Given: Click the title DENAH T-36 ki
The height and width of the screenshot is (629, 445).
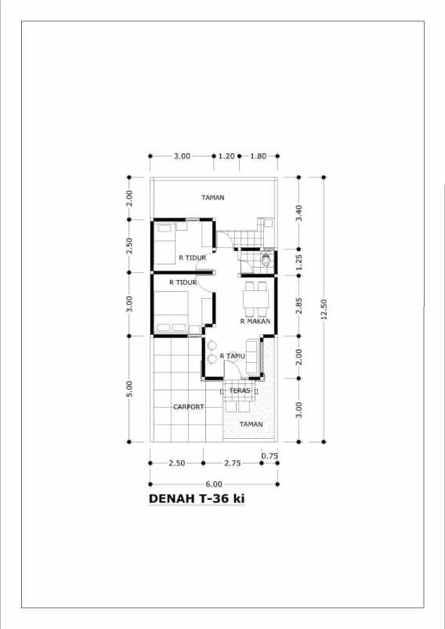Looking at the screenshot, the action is pyautogui.click(x=197, y=498).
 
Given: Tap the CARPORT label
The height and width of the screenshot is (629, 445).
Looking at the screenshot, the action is pyautogui.click(x=188, y=407).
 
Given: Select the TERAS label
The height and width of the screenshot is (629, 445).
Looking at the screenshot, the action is pyautogui.click(x=240, y=390).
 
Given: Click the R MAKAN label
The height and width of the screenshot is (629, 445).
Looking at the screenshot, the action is pyautogui.click(x=255, y=321).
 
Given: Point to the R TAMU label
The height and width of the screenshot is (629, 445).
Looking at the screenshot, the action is pyautogui.click(x=232, y=356).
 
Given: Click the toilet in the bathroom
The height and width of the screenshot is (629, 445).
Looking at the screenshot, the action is pyautogui.click(x=266, y=259).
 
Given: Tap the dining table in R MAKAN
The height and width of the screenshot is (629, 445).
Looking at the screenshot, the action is pyautogui.click(x=256, y=299).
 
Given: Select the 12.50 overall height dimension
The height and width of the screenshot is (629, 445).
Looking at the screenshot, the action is pyautogui.click(x=324, y=309).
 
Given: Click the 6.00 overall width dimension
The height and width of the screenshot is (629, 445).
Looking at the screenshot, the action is pyautogui.click(x=214, y=484).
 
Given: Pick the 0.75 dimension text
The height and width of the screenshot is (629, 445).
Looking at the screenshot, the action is pyautogui.click(x=270, y=455).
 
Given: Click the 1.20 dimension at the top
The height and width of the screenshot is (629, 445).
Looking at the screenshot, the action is pyautogui.click(x=226, y=156).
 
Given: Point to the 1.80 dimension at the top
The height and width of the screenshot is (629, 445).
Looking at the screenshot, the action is pyautogui.click(x=259, y=156).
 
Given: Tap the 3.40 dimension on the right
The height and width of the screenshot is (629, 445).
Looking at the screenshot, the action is pyautogui.click(x=298, y=213).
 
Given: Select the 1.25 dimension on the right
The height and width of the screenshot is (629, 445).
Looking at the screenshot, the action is pyautogui.click(x=298, y=262).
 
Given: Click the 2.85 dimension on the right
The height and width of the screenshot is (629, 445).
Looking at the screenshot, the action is pyautogui.click(x=298, y=306).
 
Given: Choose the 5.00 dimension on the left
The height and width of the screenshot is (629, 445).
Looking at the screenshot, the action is pyautogui.click(x=129, y=389).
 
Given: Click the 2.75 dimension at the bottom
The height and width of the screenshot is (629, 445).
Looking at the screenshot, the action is pyautogui.click(x=233, y=463).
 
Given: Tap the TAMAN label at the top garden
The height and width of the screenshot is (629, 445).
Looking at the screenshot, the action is pyautogui.click(x=213, y=197).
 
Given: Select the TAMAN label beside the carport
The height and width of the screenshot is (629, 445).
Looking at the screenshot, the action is pyautogui.click(x=251, y=424).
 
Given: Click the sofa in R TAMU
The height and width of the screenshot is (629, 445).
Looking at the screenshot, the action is pyautogui.click(x=252, y=357).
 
